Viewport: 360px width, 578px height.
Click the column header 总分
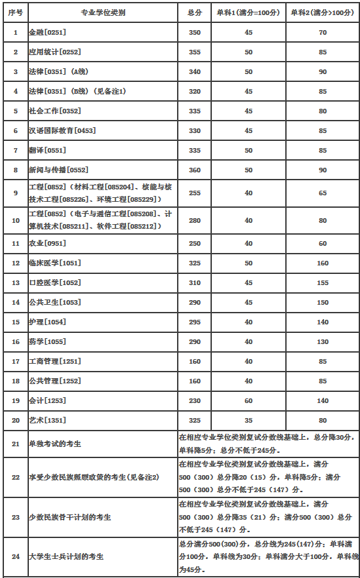pos(194,12)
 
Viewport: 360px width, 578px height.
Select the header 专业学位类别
pos(102,12)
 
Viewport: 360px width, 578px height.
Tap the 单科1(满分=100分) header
pos(249,12)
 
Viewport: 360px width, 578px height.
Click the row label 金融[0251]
pos(48,32)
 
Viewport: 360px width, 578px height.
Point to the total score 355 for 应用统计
pos(194,52)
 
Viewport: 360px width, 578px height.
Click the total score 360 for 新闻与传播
pos(194,170)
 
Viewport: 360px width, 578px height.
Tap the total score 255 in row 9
pos(194,193)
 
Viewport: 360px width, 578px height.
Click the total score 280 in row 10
pos(194,221)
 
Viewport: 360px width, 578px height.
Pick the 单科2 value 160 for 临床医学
pos(323,263)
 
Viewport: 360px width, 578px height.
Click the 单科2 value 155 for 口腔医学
pos(323,282)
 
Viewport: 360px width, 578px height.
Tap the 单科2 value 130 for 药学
pos(323,341)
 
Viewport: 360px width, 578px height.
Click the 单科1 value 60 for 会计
pos(249,400)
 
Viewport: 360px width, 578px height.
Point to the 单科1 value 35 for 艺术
pos(249,419)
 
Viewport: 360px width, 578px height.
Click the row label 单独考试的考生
pos(55,444)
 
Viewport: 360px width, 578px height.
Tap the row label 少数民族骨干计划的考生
pos(70,517)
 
